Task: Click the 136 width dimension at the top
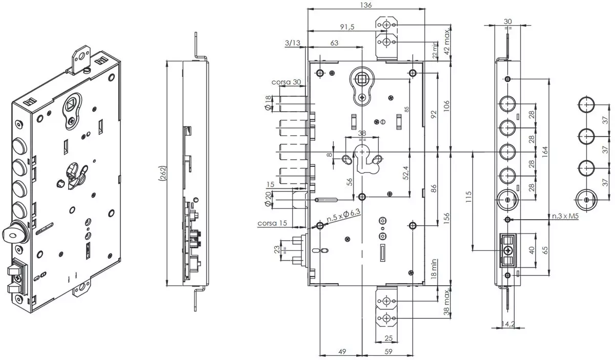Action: [366, 5]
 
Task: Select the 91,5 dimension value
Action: [347, 27]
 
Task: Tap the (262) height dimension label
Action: [163, 173]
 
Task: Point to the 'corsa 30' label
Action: [286, 82]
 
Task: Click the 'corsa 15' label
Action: [272, 223]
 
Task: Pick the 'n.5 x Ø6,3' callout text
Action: [343, 215]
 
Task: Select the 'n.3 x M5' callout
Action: [565, 216]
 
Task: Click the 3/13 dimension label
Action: [293, 43]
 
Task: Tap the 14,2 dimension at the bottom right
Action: [508, 324]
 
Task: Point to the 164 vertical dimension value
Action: [545, 152]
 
